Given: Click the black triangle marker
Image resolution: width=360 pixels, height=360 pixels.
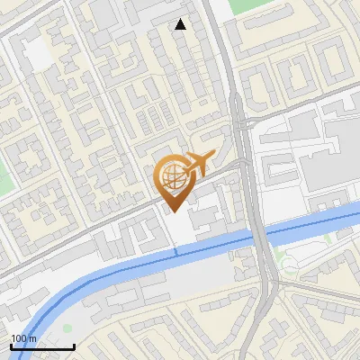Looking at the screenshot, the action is tap(181, 24).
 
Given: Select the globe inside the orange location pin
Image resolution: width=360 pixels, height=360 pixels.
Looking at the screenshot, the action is tap(172, 175).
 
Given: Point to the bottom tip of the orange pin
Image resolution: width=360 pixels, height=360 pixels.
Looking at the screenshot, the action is tap(173, 211).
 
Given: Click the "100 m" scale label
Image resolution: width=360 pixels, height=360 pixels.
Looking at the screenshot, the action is tap(24, 338).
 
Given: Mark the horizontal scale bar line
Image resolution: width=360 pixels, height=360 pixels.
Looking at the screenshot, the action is tap(42, 346).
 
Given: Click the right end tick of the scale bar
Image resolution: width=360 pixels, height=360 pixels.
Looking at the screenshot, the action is tap(74, 345).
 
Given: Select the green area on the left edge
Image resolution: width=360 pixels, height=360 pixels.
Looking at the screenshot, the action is tap(5, 171).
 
